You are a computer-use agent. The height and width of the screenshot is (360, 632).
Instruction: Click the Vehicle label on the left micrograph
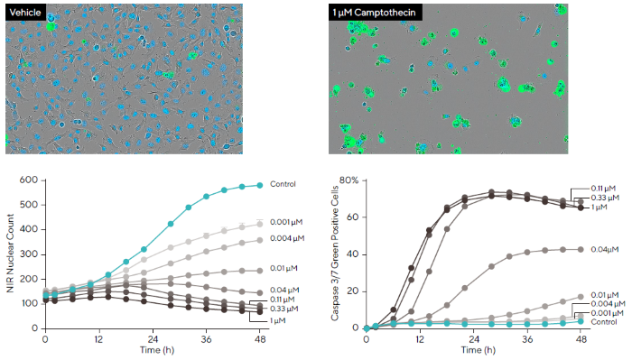pyautogui.click(x=26, y=14)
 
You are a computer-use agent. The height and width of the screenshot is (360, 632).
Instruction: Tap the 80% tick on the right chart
pyautogui.click(x=349, y=180)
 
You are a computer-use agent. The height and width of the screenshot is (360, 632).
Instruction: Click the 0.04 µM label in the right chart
pyautogui.click(x=604, y=249)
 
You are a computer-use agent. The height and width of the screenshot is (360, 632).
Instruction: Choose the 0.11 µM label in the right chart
pyautogui.click(x=604, y=188)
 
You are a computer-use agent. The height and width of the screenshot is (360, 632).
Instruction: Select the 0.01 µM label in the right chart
pyautogui.click(x=604, y=294)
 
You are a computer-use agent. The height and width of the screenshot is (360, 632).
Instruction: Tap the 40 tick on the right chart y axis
pyautogui.click(x=353, y=254)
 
